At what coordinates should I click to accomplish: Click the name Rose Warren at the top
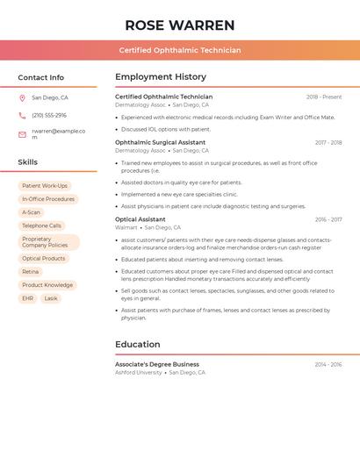point(179,25)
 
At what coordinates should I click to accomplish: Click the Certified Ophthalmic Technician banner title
point(179,50)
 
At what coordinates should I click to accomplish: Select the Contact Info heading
point(40,77)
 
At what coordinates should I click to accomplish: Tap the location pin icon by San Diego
point(22,98)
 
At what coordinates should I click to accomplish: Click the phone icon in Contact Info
point(22,116)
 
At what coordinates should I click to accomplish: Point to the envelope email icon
point(22,134)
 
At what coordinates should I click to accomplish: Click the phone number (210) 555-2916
point(49,116)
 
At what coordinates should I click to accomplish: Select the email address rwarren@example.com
point(58,134)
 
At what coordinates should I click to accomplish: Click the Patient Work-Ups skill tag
point(45,186)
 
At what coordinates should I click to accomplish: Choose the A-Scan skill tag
point(31,212)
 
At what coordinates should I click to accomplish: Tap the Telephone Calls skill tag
point(42,225)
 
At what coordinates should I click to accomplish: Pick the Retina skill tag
point(31,272)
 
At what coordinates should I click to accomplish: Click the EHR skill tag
point(27,298)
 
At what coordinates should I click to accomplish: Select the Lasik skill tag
point(51,298)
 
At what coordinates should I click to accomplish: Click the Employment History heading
point(161,77)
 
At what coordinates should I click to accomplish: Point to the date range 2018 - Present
point(324,97)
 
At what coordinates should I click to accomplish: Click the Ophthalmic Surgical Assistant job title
point(160,142)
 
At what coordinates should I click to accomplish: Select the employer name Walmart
point(126,227)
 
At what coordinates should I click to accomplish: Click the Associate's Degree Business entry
point(157,364)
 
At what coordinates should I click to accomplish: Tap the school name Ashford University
point(139,372)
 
